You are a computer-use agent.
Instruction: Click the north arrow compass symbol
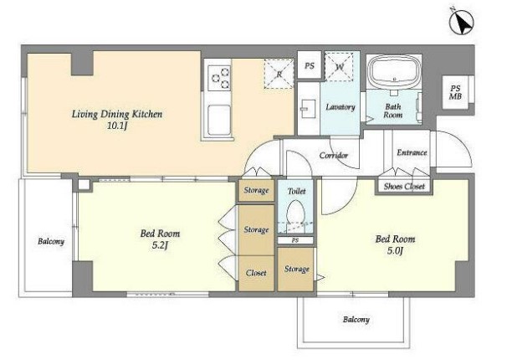tap(462, 22)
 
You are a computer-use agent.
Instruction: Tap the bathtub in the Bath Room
tap(394, 72)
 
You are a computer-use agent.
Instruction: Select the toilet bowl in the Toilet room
tap(296, 213)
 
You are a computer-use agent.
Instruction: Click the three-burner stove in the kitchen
tap(219, 78)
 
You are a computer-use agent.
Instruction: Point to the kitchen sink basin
tap(219, 121)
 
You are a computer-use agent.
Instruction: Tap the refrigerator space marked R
tap(279, 74)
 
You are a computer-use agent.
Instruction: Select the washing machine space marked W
tap(339, 67)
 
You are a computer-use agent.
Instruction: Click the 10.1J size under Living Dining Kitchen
tap(117, 126)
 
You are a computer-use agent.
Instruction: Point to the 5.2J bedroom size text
tap(160, 245)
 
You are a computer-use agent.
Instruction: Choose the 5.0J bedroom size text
tap(395, 250)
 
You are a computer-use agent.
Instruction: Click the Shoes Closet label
tap(404, 187)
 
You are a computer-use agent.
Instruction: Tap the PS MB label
tap(456, 92)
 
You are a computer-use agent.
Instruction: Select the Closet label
tap(256, 273)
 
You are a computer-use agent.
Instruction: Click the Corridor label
tap(334, 155)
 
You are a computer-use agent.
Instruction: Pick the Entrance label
tap(412, 152)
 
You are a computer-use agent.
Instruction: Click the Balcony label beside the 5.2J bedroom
tap(51, 241)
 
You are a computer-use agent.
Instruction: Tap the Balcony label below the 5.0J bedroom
tap(356, 320)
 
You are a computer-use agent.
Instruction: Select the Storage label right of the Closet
tap(297, 269)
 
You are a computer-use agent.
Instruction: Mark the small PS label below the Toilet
tap(294, 240)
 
